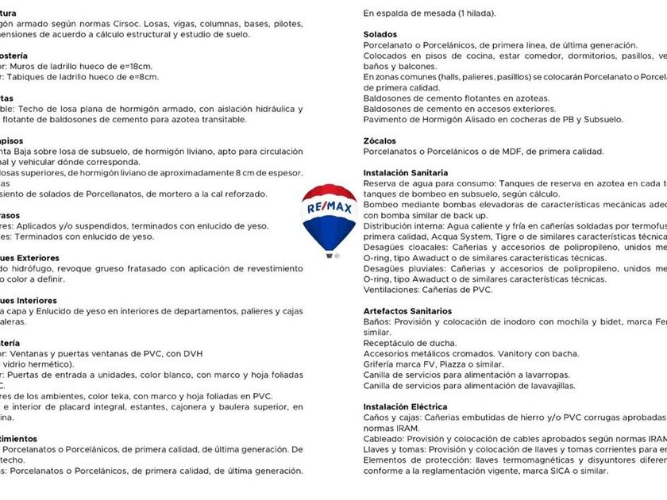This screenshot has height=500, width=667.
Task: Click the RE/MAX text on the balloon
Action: click(329, 208)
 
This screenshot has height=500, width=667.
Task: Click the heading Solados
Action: click(380, 35)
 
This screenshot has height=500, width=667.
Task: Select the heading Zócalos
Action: click(380, 140)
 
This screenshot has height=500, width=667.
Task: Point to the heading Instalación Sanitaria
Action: click(406, 172)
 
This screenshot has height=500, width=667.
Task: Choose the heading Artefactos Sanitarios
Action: click(407, 311)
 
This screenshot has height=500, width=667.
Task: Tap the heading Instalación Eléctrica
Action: click(405, 406)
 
